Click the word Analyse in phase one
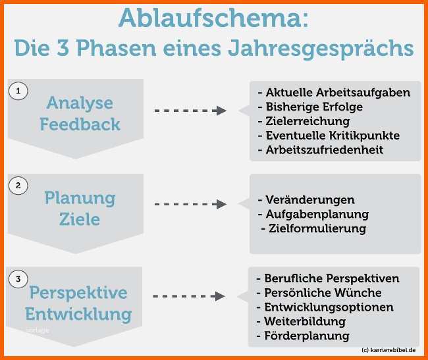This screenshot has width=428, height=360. [x=80, y=103]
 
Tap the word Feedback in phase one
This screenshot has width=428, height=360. [x=80, y=124]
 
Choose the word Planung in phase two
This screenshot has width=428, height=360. [x=80, y=197]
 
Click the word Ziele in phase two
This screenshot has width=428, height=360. [x=80, y=219]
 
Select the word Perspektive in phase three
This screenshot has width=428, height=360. [x=78, y=292]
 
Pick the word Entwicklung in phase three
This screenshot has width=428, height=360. [x=80, y=313]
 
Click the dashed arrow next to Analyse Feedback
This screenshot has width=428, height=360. [x=190, y=111]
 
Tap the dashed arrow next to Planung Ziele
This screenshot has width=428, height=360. [x=190, y=204]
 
